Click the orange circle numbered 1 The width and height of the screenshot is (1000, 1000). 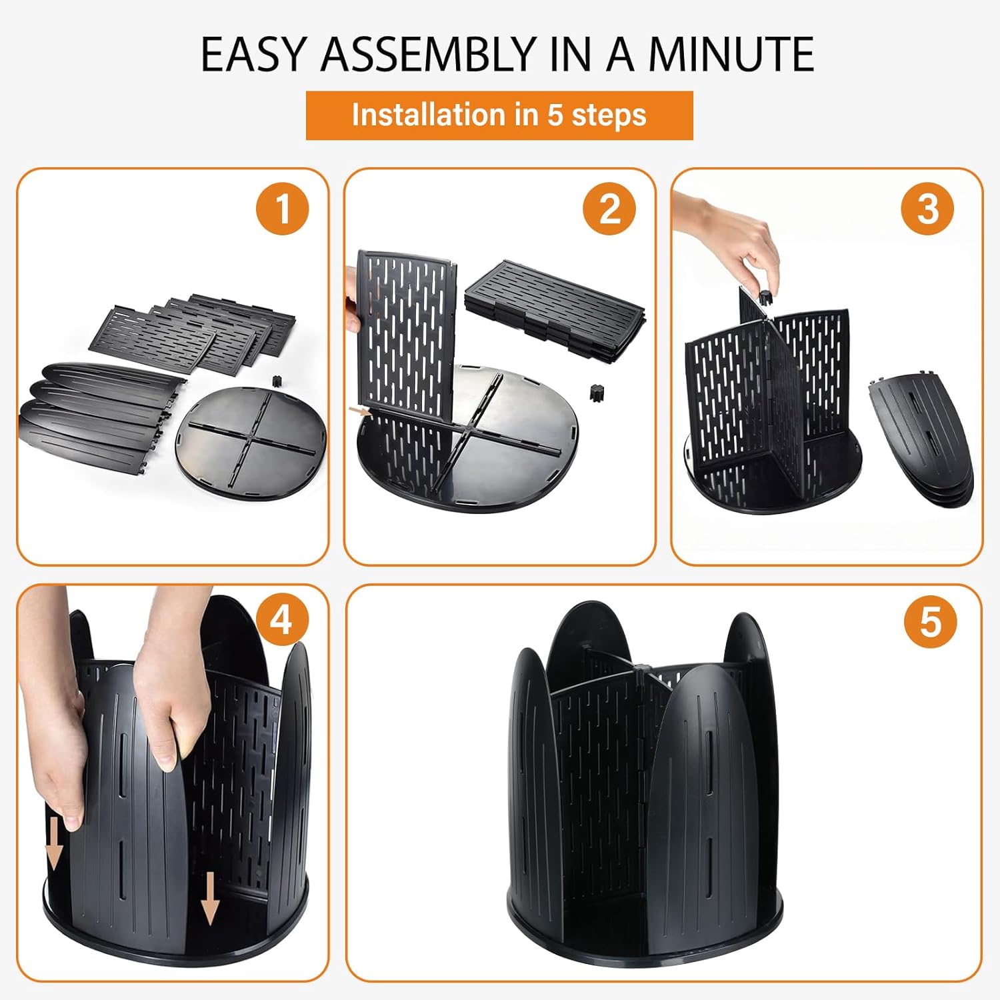pos(283,209)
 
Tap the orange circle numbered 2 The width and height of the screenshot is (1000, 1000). pos(609,209)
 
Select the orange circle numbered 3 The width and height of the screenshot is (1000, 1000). pos(927,209)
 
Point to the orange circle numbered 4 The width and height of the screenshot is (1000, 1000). pos(281,621)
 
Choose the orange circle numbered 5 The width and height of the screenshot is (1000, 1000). pos(930,623)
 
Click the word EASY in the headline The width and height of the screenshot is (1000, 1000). pos(254,54)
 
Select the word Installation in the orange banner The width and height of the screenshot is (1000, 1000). pos(428,115)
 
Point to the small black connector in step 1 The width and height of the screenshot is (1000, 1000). pos(276,381)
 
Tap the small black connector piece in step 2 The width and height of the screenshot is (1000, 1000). pos(593,392)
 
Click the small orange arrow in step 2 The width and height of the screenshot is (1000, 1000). pos(361,411)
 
